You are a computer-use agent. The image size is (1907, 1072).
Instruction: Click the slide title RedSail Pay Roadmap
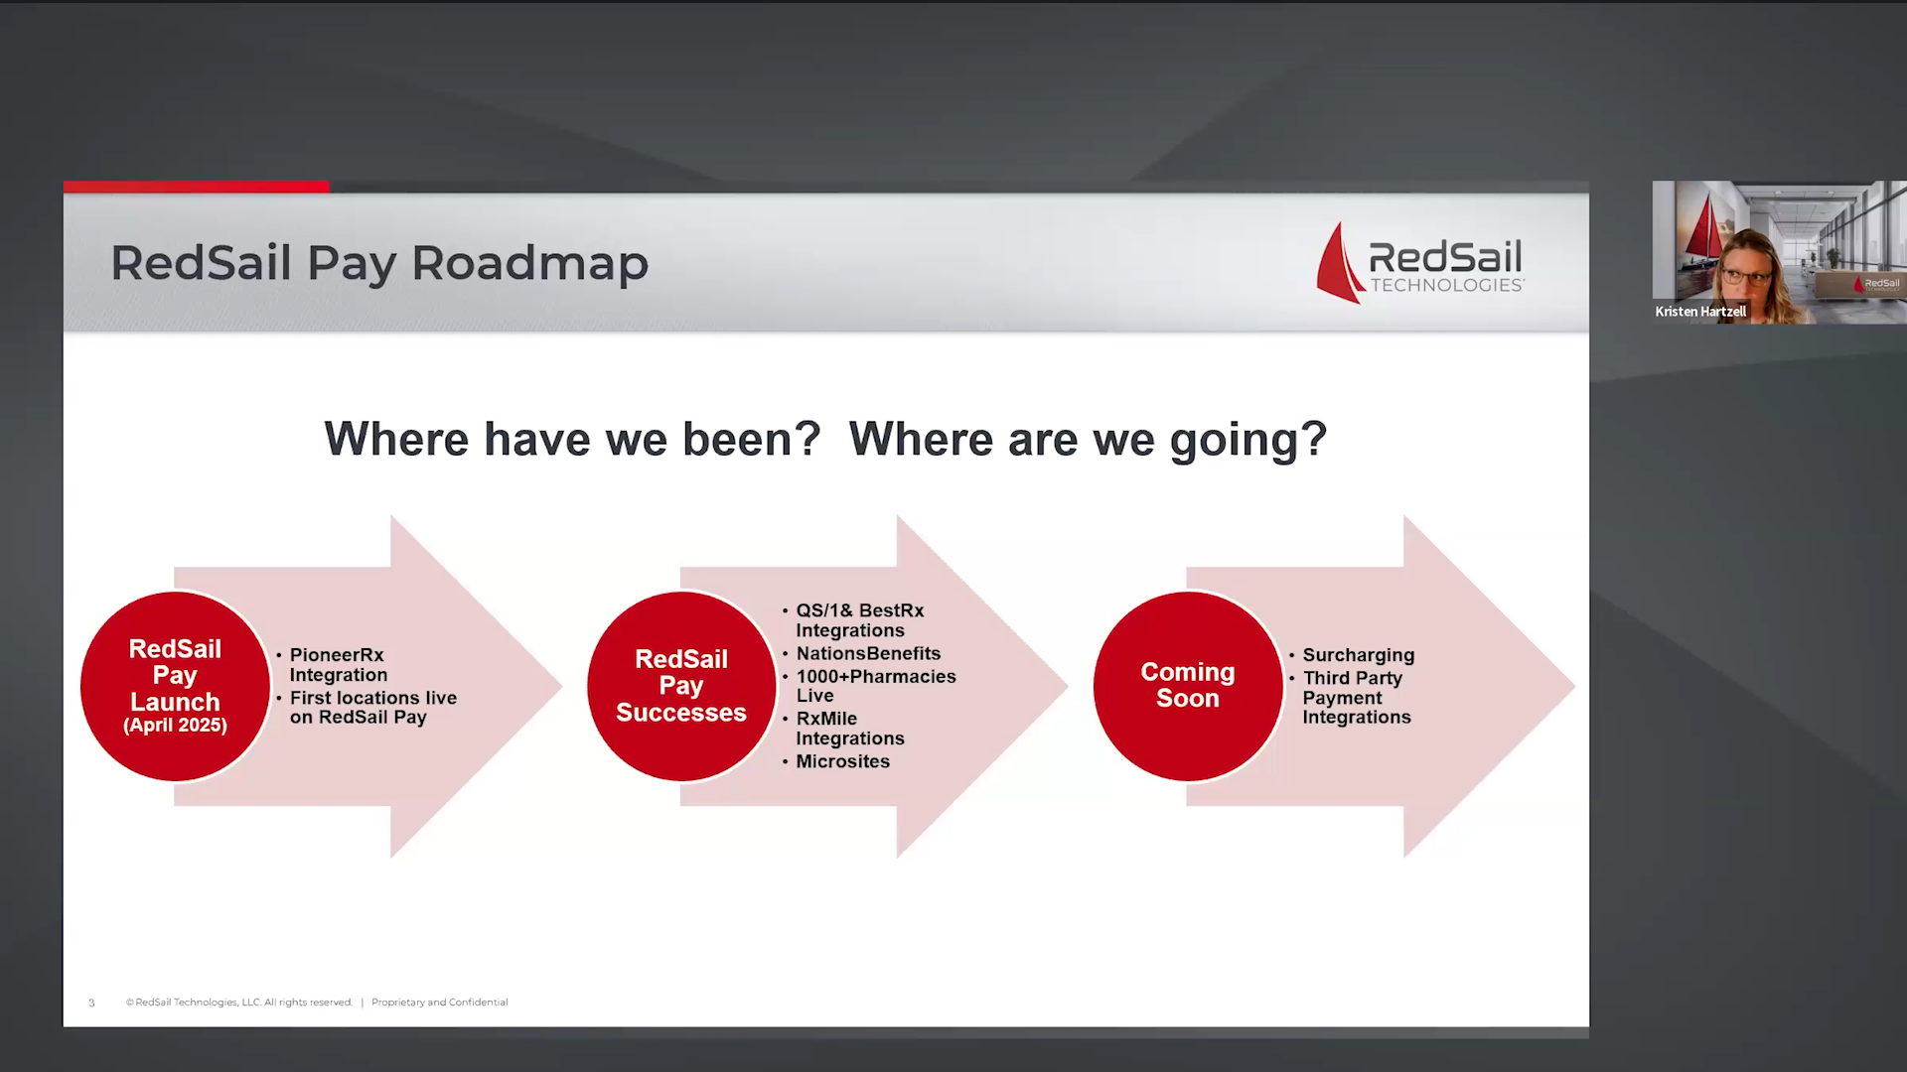[378, 263]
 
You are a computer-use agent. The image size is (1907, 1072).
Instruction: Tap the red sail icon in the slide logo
[1339, 264]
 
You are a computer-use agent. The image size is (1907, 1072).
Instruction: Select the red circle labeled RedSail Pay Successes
[680, 685]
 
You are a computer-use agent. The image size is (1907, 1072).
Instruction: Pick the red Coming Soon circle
[1187, 685]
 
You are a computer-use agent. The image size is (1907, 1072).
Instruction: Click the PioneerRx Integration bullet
[338, 665]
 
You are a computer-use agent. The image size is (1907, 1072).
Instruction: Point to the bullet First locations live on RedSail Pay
[372, 707]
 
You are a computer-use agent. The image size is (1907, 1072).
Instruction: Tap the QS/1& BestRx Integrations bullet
[859, 620]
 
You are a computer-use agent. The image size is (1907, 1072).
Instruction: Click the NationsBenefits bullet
[867, 653]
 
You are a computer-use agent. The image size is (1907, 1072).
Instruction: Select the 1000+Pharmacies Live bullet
[875, 686]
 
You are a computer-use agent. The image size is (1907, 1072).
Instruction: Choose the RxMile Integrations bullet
[849, 728]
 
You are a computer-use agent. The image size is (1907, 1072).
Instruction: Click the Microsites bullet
[842, 761]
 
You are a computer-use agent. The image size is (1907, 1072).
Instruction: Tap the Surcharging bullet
[1358, 655]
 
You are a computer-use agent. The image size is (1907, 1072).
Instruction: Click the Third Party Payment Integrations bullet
[1356, 697]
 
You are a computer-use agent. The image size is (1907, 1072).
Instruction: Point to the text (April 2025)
[175, 726]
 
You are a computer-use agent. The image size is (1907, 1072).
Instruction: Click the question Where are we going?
[1088, 439]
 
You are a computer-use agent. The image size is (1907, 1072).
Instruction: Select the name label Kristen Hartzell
[1699, 312]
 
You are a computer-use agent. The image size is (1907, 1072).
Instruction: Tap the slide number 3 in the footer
[91, 1003]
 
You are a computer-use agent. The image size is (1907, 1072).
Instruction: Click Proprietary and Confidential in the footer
[439, 1003]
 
